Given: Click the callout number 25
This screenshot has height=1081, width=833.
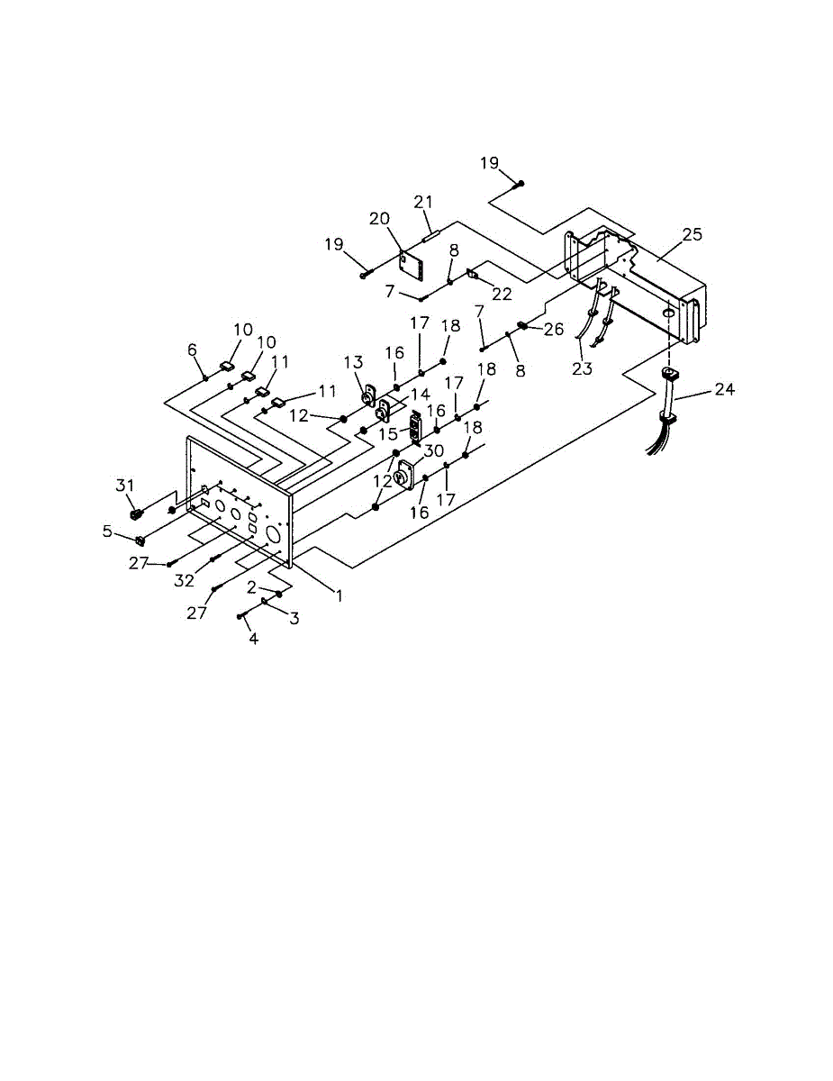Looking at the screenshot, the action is click(x=692, y=234).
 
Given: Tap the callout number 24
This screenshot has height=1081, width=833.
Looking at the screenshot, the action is click(x=725, y=388).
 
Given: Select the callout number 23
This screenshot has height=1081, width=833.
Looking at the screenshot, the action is click(x=583, y=368).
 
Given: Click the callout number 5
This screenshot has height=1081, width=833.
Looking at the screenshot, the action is click(x=107, y=531).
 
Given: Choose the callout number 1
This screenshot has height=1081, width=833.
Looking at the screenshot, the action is click(x=340, y=595).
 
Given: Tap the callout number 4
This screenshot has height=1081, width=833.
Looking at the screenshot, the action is click(x=254, y=639).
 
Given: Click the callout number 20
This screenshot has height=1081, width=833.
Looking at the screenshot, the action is click(x=379, y=218).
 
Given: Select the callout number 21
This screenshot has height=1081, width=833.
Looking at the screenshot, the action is click(x=423, y=202).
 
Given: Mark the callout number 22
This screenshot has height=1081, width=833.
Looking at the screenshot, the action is click(x=502, y=294).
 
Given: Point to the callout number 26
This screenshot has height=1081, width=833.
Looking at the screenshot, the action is click(x=554, y=329).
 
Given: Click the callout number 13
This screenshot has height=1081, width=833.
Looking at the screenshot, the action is click(x=354, y=362).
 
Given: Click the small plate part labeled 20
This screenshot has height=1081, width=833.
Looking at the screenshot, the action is click(x=412, y=266).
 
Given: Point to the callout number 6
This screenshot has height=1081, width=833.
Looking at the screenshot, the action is click(x=192, y=350).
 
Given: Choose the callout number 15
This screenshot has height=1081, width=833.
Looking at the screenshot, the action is click(x=388, y=434).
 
